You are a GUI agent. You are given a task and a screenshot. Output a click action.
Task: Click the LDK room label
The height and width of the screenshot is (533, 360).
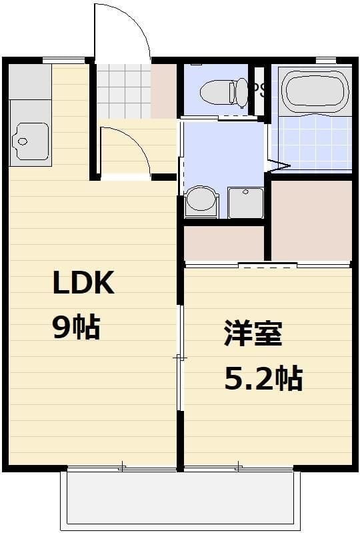click(x=84, y=284)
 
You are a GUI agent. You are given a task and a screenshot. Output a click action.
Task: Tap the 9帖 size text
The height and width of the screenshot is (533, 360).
click(x=76, y=327)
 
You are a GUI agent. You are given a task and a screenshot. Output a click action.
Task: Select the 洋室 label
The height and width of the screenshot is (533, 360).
click(x=253, y=334)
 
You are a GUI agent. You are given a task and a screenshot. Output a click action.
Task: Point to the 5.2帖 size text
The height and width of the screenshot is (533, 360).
click(x=263, y=378)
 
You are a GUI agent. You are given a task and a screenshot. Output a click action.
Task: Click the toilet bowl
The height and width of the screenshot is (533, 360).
click(x=227, y=92)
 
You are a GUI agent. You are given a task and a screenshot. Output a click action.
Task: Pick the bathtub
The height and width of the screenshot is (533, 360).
click(x=315, y=91)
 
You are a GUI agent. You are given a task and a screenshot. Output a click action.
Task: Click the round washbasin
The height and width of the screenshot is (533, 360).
click(x=201, y=200)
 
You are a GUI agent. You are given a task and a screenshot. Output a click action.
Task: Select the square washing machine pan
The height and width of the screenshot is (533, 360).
click(x=245, y=202)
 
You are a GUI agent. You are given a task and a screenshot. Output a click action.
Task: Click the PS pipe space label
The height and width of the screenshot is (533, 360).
click(x=259, y=90)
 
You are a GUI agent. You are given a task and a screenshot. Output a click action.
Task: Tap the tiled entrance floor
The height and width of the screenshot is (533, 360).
click(x=123, y=92)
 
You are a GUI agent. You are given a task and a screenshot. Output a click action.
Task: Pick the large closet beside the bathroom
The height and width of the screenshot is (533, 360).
click(x=311, y=220)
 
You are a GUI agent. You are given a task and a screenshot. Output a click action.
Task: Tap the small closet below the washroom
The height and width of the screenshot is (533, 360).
click(x=224, y=243)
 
